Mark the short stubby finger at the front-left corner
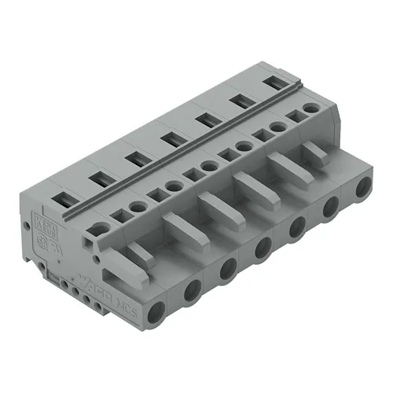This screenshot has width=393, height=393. tap(137, 254)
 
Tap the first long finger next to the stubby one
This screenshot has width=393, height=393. tap(178, 228)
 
